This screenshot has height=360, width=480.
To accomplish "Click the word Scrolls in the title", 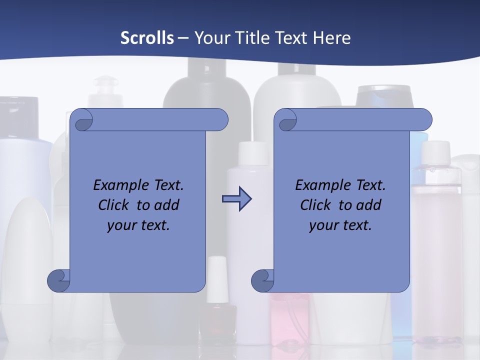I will (x=147, y=38).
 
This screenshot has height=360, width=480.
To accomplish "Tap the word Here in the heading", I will (x=331, y=38).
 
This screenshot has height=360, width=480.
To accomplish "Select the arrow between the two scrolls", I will (x=236, y=199).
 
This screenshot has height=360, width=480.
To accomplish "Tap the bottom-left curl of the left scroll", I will (x=58, y=280).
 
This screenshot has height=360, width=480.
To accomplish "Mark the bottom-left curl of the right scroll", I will (x=262, y=280).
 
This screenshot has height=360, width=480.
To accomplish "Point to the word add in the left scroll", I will (x=166, y=205).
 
